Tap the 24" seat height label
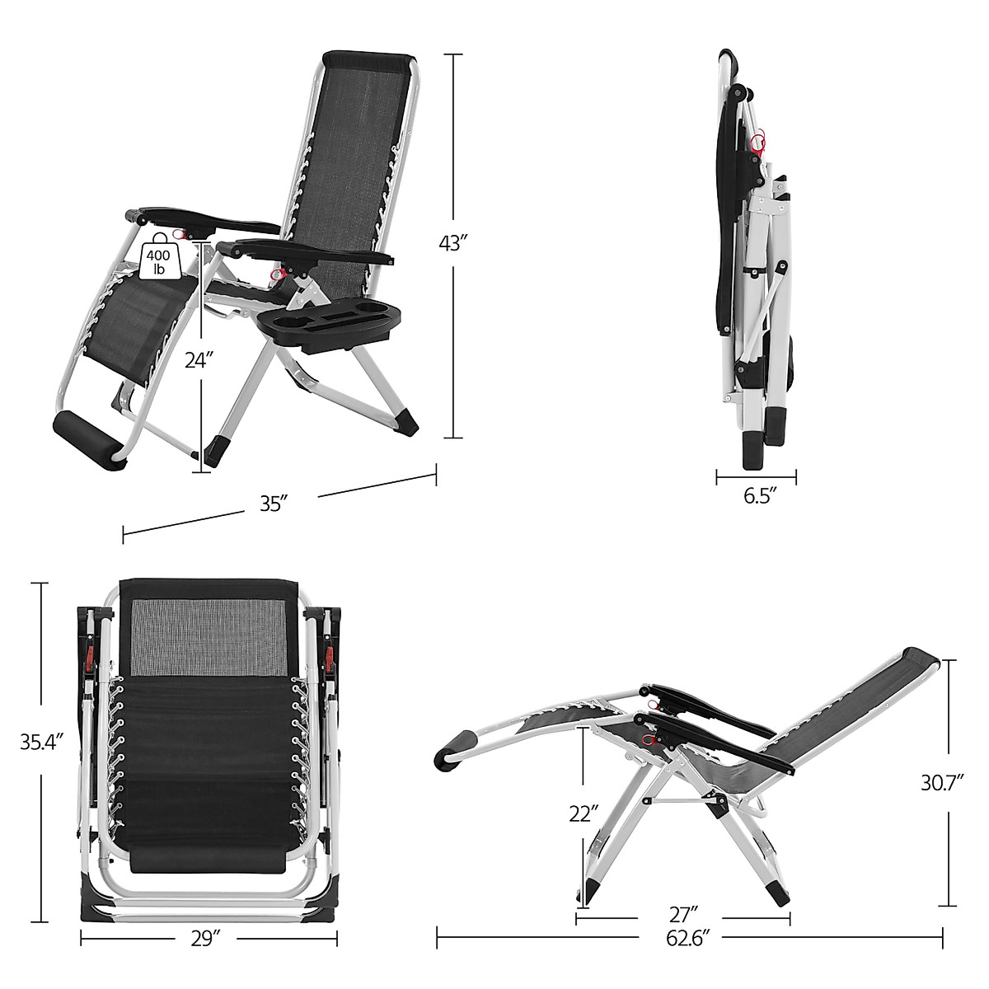pos(199,360)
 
